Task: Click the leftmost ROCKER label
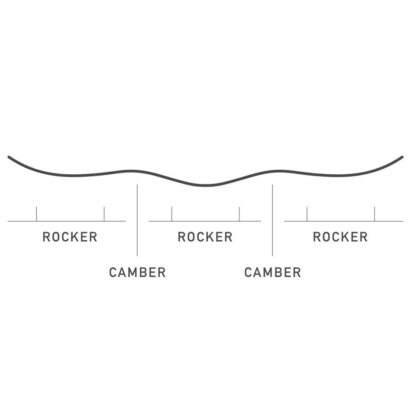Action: pos(70,237)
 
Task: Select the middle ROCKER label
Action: pos(205,237)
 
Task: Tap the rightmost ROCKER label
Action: pos(341,237)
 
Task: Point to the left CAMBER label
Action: pos(137,273)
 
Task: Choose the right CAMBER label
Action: pos(273,273)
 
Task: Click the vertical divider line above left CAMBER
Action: pos(137,220)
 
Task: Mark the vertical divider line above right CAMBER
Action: pos(273,220)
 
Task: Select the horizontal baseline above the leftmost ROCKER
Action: pos(67,221)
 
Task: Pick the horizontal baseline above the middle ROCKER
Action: pos(205,221)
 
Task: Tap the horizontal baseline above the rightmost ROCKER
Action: pos(344,221)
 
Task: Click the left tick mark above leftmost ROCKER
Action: pos(37,214)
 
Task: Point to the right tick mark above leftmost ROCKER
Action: pos(104,214)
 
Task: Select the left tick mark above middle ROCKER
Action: pos(172,214)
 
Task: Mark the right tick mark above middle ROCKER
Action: pos(239,214)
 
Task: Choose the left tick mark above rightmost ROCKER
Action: pos(307,214)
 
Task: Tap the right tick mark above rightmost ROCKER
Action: pos(375,214)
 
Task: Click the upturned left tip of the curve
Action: pos(9,157)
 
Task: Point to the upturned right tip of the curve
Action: pos(402,157)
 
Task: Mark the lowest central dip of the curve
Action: pos(205,185)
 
